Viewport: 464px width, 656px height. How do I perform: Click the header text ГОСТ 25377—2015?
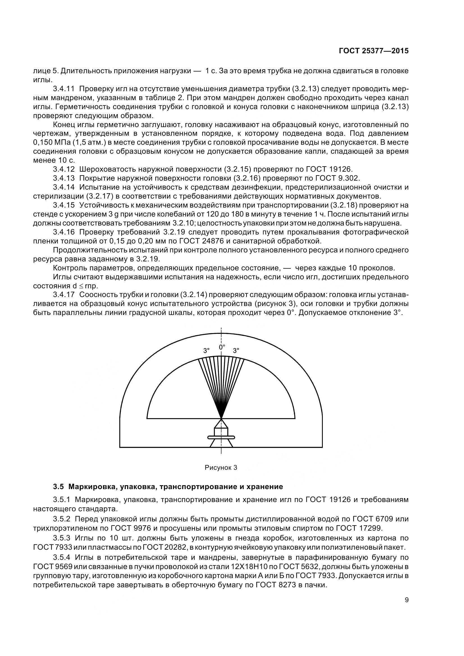tap(373, 51)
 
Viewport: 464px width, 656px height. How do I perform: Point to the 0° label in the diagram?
tap(222, 347)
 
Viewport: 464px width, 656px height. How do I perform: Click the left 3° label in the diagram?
tap(206, 351)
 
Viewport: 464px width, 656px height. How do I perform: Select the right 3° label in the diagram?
tap(236, 351)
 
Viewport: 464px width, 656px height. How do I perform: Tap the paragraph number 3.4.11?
tap(63, 89)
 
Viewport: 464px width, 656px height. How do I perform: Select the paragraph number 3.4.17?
tap(63, 294)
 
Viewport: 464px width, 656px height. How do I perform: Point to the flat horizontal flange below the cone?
tap(221, 437)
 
